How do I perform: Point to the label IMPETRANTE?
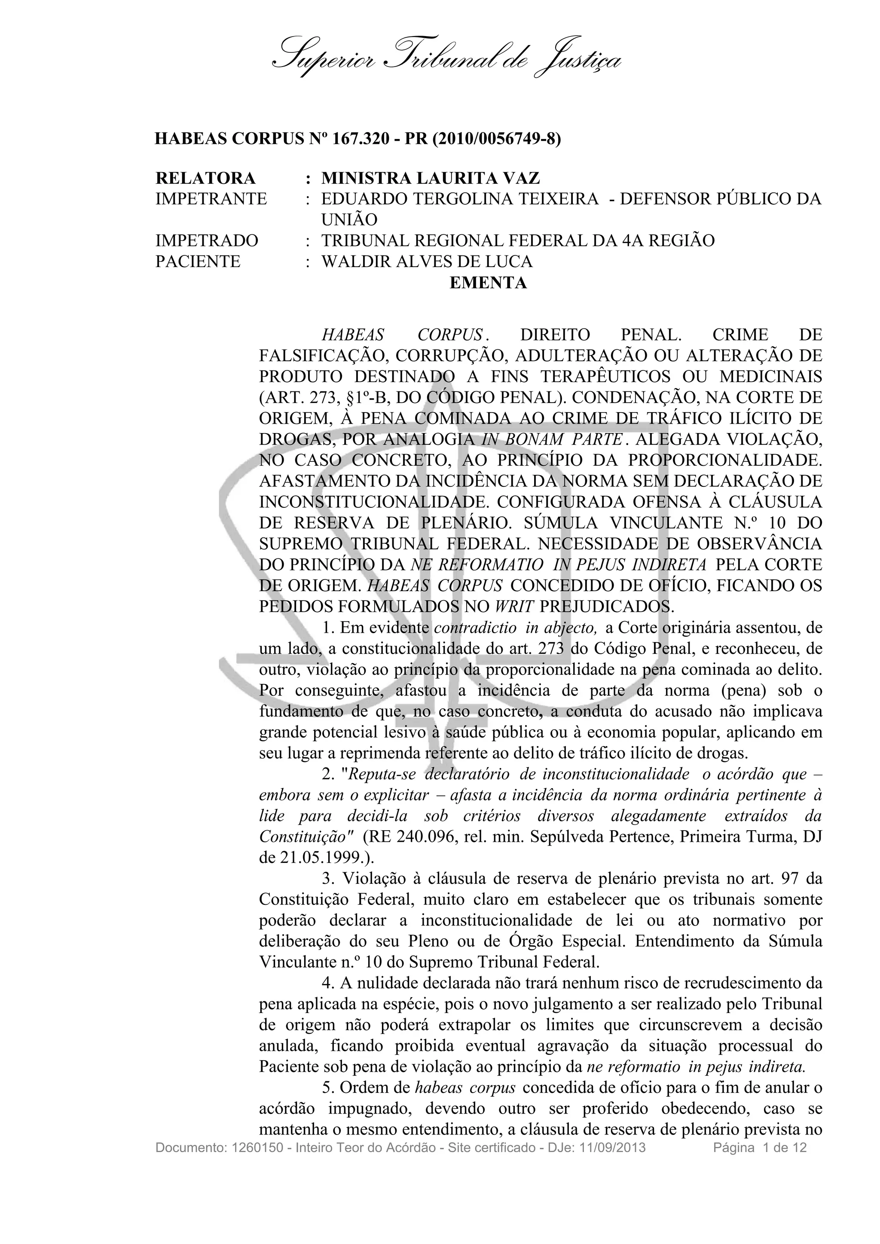point(211,199)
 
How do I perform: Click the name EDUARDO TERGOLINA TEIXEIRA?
point(460,199)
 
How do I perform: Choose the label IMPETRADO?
point(207,240)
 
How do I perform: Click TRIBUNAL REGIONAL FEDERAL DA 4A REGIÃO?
point(518,240)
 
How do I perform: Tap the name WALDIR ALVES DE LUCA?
point(427,262)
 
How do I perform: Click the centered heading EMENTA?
point(488,283)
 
